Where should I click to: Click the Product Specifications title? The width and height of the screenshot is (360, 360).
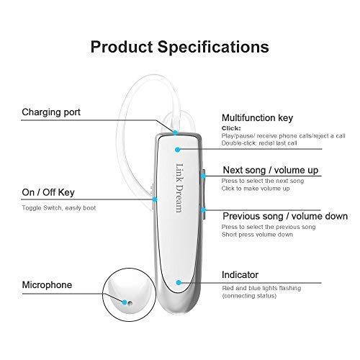click(x=180, y=47)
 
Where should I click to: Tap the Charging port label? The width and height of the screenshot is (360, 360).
click(x=51, y=112)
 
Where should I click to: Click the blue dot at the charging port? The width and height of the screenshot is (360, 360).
click(x=175, y=132)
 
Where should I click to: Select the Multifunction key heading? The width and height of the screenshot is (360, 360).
click(x=257, y=118)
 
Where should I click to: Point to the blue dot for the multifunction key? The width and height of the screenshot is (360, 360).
click(x=177, y=150)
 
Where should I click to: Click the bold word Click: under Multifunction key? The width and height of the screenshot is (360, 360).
click(x=231, y=128)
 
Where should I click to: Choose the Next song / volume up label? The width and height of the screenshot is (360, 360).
click(x=271, y=170)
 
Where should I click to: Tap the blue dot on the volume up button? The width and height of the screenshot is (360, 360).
click(x=203, y=176)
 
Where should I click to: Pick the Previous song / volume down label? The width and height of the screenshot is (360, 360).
click(x=285, y=216)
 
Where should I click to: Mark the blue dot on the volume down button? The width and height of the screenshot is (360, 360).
click(x=203, y=210)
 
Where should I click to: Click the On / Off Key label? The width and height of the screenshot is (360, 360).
click(x=48, y=192)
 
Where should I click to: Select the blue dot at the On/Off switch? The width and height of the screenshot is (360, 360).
click(x=155, y=199)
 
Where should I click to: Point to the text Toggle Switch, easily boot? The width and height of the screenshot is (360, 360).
click(x=59, y=208)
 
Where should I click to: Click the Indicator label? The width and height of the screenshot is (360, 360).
click(x=240, y=275)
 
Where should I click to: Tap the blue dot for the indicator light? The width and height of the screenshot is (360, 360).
click(x=179, y=283)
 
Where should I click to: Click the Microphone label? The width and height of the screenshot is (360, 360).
click(x=47, y=285)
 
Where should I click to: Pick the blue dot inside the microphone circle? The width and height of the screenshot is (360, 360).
click(x=125, y=302)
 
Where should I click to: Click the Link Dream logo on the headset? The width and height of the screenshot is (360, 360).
click(x=179, y=188)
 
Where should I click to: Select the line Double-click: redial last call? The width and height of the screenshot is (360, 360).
click(x=259, y=143)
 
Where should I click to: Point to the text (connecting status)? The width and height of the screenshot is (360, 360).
click(x=249, y=296)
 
